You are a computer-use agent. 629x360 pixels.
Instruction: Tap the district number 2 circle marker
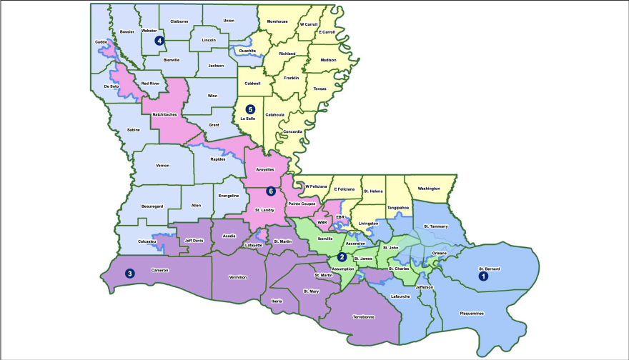coord(342,257)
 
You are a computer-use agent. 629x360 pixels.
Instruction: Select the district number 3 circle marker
coord(129,273)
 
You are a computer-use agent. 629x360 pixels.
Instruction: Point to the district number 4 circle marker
coord(159,41)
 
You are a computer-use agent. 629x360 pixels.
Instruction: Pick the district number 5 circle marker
coord(249,109)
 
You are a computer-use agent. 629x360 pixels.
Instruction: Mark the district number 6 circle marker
coord(271,191)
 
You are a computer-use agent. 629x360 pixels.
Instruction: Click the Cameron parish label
coord(159,271)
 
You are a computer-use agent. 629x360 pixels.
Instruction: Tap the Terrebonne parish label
coord(364,316)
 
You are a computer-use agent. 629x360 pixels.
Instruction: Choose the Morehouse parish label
coord(277,21)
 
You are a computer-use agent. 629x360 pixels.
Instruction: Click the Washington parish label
coord(429,189)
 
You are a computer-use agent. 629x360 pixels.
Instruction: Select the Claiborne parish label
coord(179,21)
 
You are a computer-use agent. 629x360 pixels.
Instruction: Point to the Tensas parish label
coord(320,89)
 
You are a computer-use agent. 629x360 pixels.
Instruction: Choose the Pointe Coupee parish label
coord(302,204)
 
